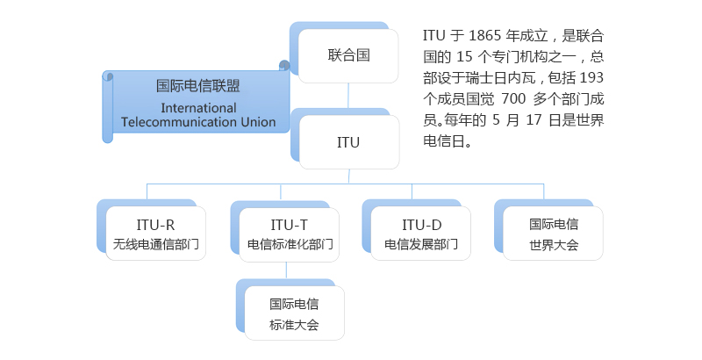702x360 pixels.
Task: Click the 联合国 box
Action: click(348, 55)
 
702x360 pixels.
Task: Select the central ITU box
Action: click(348, 141)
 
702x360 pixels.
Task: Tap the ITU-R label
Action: click(155, 224)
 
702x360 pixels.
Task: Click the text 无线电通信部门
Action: click(155, 244)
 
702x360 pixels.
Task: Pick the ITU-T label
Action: click(290, 224)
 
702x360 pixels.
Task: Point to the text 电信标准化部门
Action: click(290, 244)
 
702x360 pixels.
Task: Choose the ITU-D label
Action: click(421, 224)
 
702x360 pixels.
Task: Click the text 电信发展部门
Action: click(421, 244)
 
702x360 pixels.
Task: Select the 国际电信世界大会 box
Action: click(553, 234)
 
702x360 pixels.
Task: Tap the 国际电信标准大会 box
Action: click(294, 313)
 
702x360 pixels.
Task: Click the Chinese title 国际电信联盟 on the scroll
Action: click(198, 86)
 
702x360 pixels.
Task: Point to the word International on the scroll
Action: click(199, 107)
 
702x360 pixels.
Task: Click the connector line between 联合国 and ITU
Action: click(348, 97)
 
